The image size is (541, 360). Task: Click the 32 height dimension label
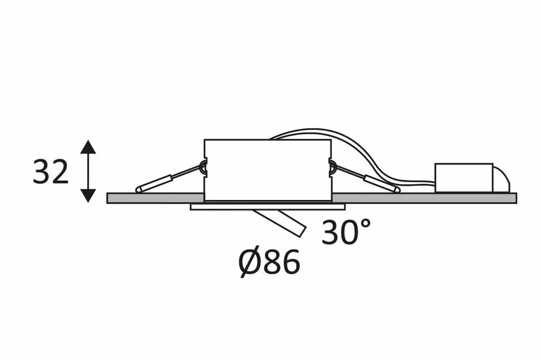click(x=50, y=172)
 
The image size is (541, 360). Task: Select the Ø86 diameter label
click(x=269, y=262)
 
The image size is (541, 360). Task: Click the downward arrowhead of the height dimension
click(x=88, y=196)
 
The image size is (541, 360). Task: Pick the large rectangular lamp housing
click(x=267, y=170)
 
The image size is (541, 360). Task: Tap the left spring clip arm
click(x=169, y=179)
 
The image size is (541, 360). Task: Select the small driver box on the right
click(x=464, y=177)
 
